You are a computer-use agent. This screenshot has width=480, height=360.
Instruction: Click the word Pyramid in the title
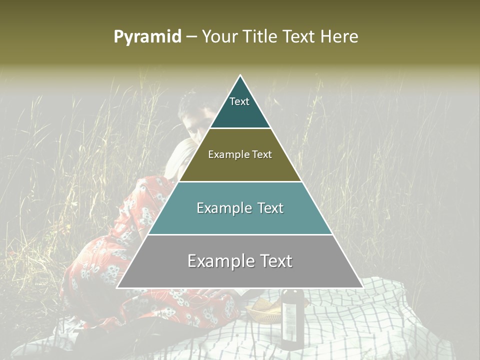147,37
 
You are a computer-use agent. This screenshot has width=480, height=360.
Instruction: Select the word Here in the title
339,37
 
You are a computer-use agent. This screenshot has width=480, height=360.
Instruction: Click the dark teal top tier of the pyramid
240,112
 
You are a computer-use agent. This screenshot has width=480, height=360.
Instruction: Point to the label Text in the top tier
239,101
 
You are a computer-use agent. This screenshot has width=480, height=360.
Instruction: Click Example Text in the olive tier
240,154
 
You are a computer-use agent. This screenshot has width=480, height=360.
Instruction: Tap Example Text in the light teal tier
240,208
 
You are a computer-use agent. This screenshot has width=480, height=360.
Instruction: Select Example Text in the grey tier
240,261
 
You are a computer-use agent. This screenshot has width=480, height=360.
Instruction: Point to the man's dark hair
190,105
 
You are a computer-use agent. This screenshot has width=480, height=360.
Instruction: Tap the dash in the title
191,37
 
